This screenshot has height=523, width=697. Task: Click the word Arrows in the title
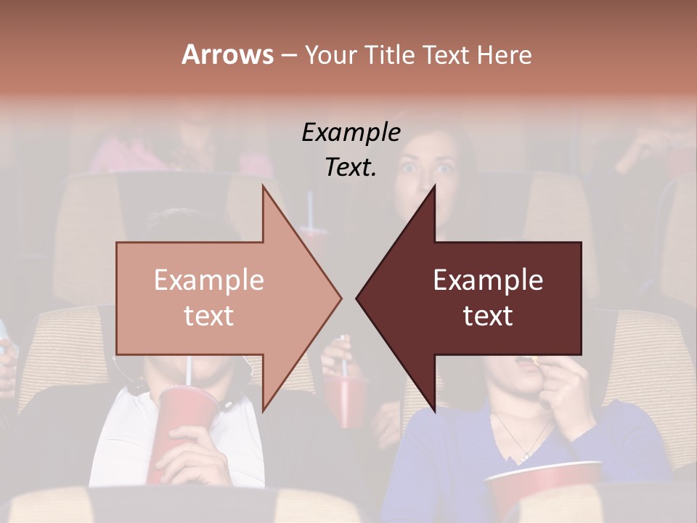pos(227,54)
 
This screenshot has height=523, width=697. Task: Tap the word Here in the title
pos(504,54)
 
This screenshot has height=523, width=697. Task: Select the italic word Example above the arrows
pos(351,133)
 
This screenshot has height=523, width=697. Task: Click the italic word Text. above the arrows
pos(351,167)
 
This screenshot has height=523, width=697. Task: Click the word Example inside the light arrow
pos(209,280)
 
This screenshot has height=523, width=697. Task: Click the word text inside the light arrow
pos(209,315)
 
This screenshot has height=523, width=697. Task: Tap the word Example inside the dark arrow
pos(488,280)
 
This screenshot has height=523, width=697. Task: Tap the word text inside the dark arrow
pos(488,315)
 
